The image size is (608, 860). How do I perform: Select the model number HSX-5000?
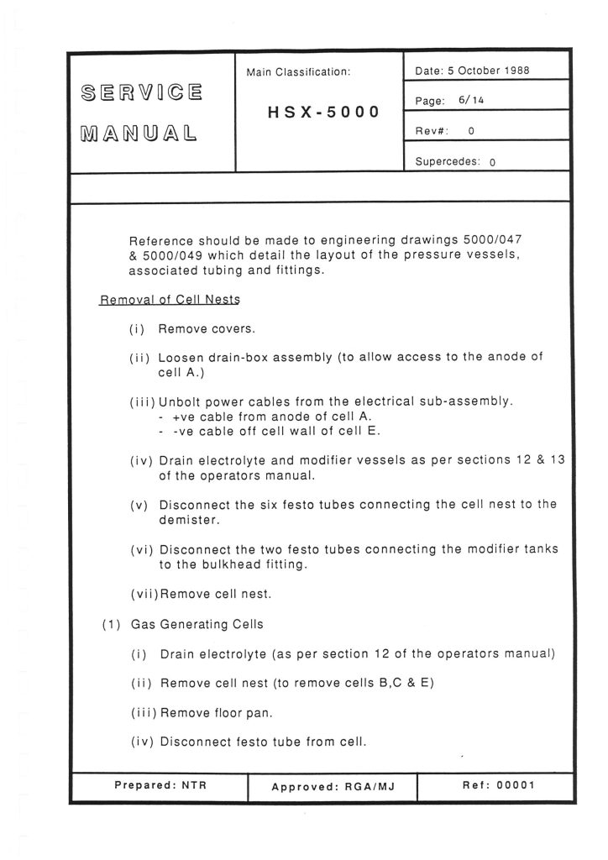(x=323, y=112)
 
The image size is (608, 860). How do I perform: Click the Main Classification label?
(x=298, y=72)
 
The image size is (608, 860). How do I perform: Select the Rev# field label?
(x=432, y=131)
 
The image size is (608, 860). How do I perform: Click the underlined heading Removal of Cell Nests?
(x=165, y=301)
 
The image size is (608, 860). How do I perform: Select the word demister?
(x=186, y=519)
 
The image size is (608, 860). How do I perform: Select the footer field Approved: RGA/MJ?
(x=333, y=787)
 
